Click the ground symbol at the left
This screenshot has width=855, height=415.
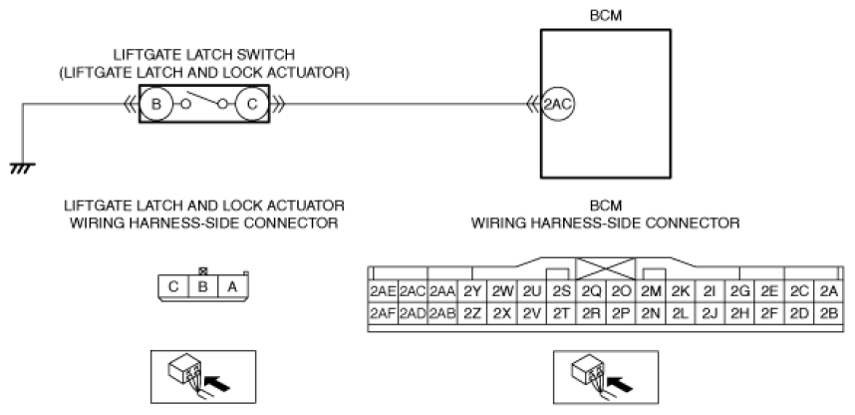22,169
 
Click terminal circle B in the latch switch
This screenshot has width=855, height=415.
156,104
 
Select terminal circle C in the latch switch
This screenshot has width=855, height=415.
252,104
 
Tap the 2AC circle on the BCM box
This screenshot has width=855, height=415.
557,104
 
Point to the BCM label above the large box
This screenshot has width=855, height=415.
606,16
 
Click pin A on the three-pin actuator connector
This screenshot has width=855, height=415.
233,286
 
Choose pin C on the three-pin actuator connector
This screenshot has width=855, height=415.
173,286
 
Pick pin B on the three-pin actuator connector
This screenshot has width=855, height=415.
203,286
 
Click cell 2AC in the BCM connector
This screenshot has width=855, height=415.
413,291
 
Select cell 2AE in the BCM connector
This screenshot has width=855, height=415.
384,291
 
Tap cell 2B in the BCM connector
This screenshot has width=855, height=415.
828,313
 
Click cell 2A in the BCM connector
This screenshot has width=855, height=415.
828,291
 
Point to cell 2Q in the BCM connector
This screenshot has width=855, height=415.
591,291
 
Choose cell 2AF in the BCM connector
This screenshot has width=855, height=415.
384,313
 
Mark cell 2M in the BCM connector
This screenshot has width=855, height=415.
651,291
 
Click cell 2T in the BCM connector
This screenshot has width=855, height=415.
561,313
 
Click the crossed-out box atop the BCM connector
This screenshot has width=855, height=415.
606,269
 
